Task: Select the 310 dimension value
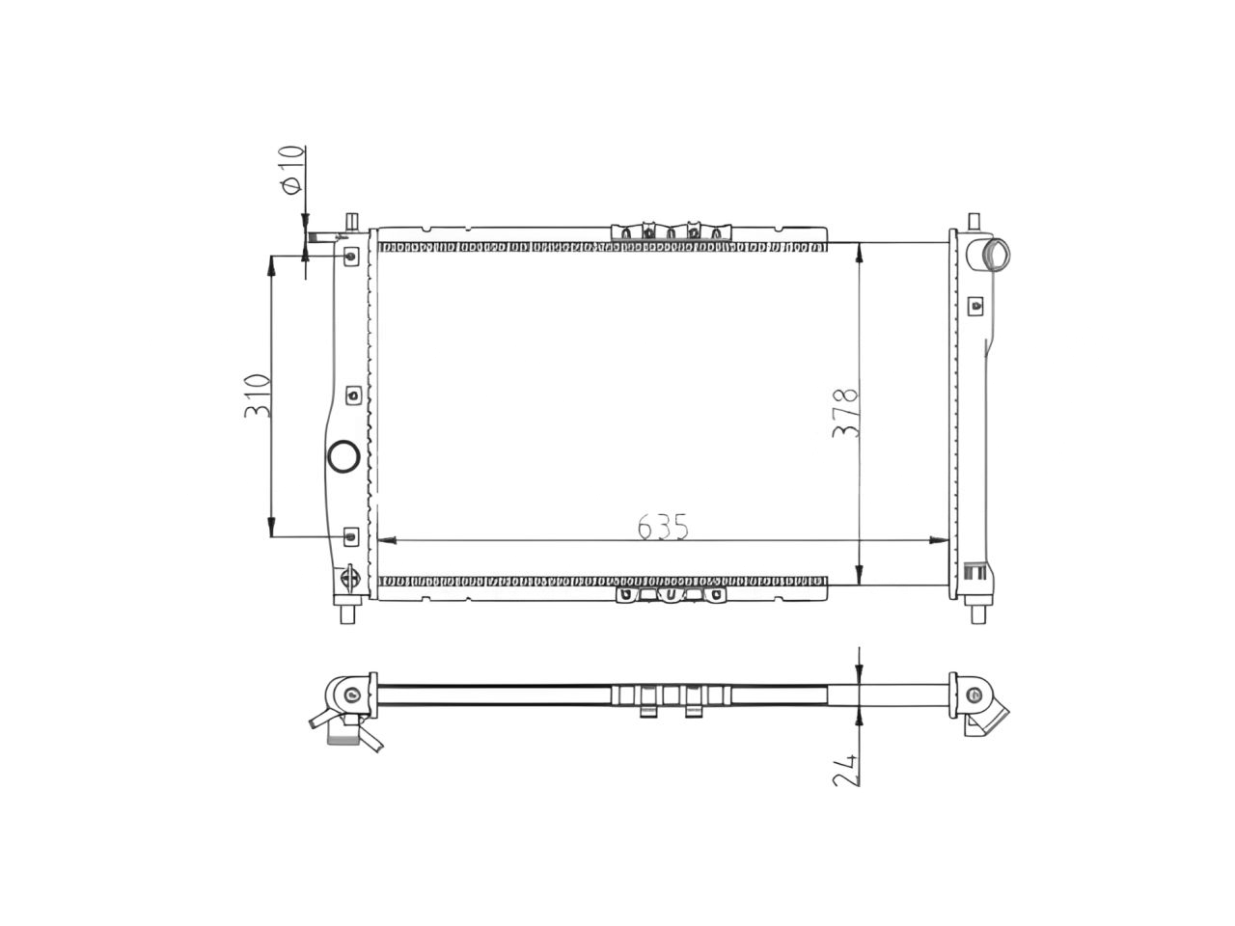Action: point(257,395)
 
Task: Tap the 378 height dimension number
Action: point(845,414)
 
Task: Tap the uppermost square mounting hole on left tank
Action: point(352,256)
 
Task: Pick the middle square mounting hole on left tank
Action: point(353,395)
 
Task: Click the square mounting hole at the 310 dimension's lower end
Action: point(351,535)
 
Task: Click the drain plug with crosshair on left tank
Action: point(351,578)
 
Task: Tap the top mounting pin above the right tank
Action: point(975,221)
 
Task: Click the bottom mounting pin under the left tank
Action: point(350,612)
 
